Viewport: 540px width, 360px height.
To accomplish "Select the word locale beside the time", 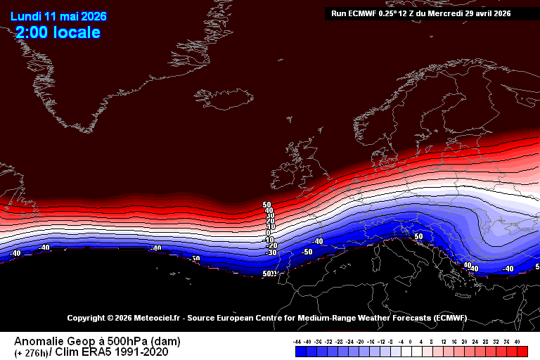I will (77, 32).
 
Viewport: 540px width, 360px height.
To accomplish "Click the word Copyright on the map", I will (85, 318).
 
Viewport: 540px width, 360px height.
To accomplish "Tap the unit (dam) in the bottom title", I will (167, 342).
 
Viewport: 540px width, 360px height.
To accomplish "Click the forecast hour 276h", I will (32, 352).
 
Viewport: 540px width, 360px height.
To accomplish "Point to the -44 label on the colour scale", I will (297, 341).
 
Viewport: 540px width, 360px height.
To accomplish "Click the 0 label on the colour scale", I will (410, 341).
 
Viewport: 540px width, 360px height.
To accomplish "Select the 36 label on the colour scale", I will (507, 341).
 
